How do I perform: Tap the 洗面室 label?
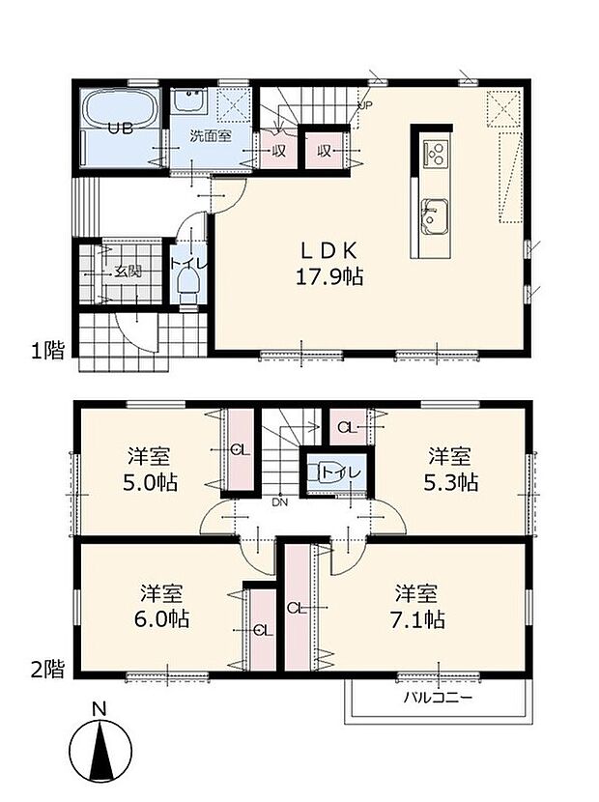tap(209, 136)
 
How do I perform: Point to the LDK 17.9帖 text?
tap(329, 263)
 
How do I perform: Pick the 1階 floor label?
tap(45, 350)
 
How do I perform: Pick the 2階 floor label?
tap(45, 668)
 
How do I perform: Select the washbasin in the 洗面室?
tap(190, 100)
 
